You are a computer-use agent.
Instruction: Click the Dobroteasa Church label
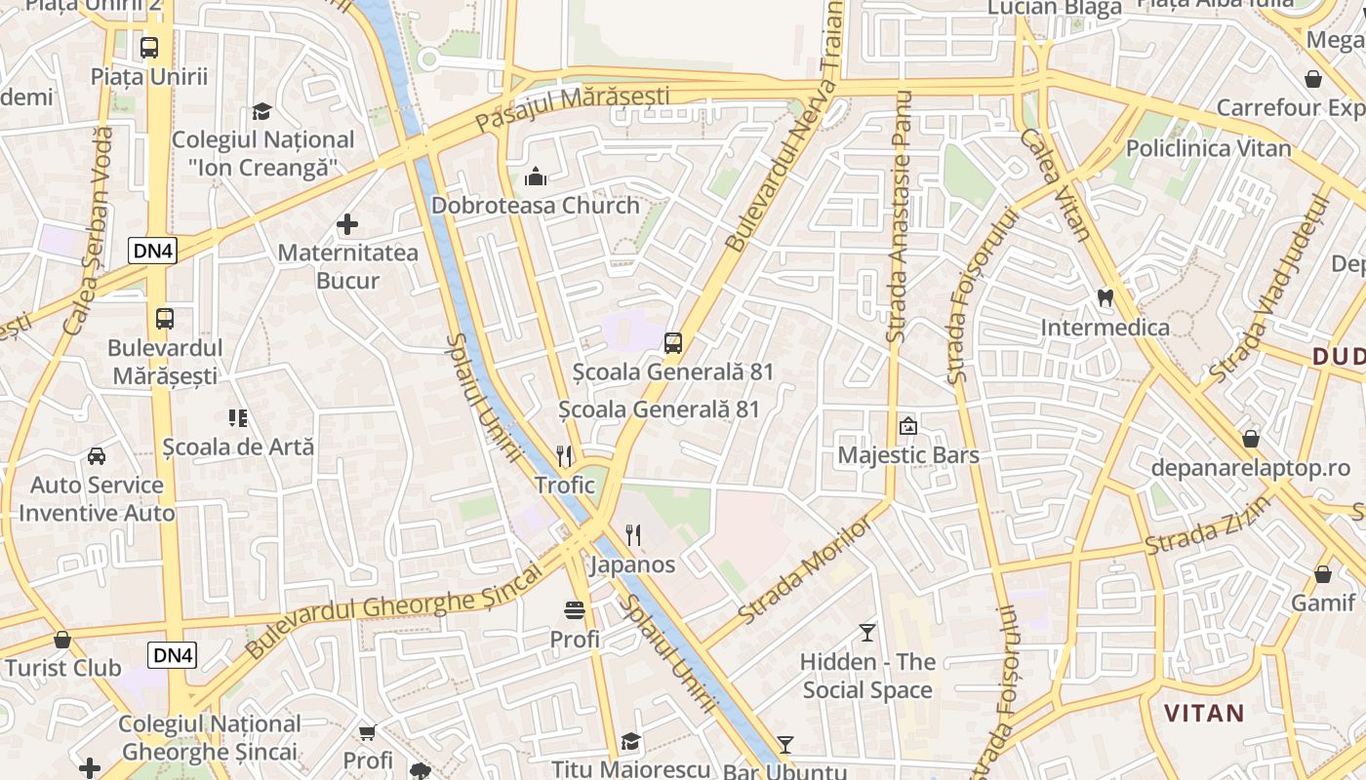[536, 206]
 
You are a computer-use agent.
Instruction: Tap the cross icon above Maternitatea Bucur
[347, 225]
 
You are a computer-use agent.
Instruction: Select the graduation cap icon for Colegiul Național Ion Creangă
[261, 111]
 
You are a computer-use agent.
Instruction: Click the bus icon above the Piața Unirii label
[149, 47]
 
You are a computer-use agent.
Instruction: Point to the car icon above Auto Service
[97, 455]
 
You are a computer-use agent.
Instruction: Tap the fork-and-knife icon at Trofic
[564, 455]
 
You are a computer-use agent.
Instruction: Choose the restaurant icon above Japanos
[633, 534]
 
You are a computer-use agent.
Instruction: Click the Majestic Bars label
[908, 455]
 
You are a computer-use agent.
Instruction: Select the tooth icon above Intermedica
[1105, 297]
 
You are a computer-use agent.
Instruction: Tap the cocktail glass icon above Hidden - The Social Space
[867, 633]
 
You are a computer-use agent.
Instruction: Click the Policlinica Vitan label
[1208, 149]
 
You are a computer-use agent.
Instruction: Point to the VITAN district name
[1205, 713]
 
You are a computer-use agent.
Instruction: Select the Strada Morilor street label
[807, 572]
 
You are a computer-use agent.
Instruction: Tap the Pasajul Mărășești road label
[573, 108]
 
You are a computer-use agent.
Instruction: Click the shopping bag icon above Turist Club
[62, 640]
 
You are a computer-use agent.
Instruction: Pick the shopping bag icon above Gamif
[1323, 574]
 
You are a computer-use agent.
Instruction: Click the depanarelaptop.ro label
[1250, 468]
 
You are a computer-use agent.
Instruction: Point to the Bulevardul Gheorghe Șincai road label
[393, 608]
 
